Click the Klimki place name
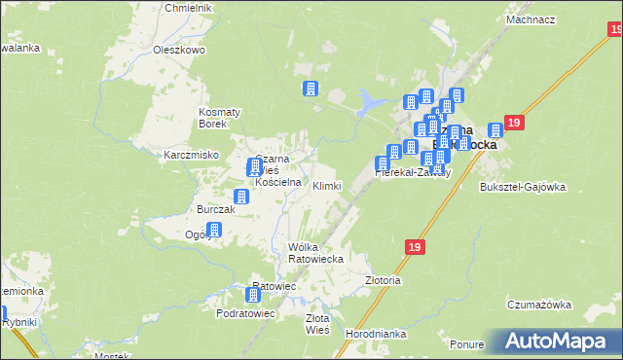click(326, 185)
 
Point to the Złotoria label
click(383, 279)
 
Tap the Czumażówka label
click(538, 305)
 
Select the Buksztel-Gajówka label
click(523, 188)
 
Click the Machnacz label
click(531, 19)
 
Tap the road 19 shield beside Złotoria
click(416, 249)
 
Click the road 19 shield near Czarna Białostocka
click(515, 123)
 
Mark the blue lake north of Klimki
click(370, 99)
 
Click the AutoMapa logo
click(560, 341)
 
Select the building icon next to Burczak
click(241, 197)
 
